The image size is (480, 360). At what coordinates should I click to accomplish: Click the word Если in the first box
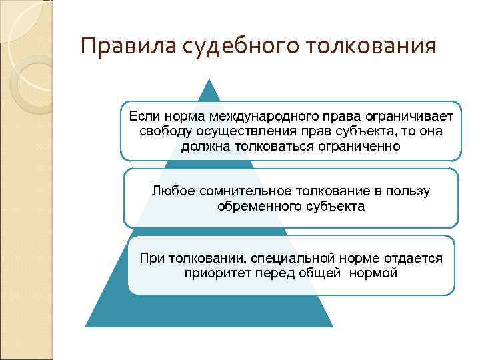pos(141,116)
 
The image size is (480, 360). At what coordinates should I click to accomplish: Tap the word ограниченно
pos(358,145)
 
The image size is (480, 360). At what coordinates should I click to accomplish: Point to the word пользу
pos(409,191)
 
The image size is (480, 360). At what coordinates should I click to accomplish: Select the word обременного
pos(257,206)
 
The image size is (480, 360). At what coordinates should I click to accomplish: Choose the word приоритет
pos(216,273)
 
